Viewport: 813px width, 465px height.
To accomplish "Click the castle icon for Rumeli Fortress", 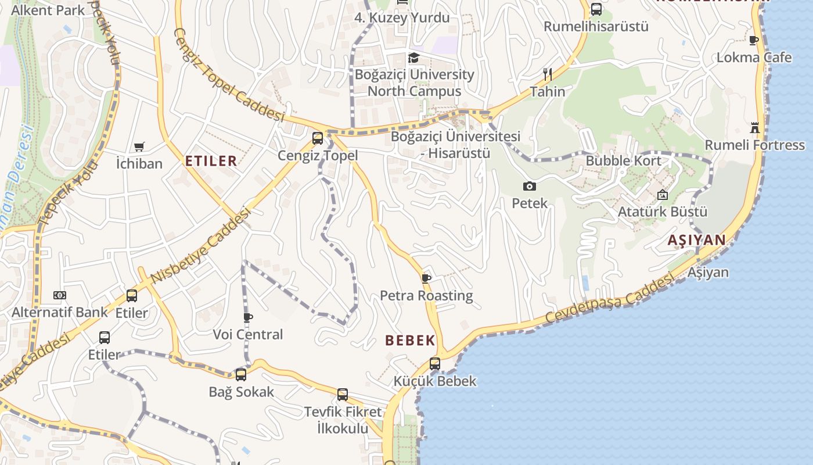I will [755, 128].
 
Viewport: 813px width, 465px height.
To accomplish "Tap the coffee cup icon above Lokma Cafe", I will [754, 41].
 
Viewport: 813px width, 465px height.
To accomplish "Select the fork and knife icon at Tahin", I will [547, 74].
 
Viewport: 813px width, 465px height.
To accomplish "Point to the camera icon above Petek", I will [529, 187].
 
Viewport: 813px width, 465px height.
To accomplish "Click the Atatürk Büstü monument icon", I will [663, 195].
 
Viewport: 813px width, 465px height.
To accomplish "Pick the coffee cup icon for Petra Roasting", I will [426, 278].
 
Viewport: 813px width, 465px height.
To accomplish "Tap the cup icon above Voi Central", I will [248, 317].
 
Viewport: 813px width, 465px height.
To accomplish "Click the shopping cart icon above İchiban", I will [139, 146].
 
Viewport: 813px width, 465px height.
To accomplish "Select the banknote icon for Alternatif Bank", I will [60, 295].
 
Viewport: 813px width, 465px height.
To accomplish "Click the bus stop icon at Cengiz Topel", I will [317, 138].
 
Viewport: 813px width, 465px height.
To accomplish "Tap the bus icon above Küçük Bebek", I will [435, 364].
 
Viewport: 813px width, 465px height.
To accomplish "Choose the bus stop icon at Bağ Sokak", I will [241, 375].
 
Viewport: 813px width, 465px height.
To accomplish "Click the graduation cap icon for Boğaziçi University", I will [413, 58].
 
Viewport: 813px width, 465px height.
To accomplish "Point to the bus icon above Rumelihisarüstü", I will [596, 9].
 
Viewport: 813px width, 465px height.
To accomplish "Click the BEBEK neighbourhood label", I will [410, 341].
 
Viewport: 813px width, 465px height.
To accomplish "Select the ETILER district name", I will [211, 161].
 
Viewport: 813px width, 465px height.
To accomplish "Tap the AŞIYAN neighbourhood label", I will [696, 240].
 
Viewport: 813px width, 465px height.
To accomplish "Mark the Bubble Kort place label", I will [623, 161].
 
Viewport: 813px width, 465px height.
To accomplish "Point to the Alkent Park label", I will [48, 10].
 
